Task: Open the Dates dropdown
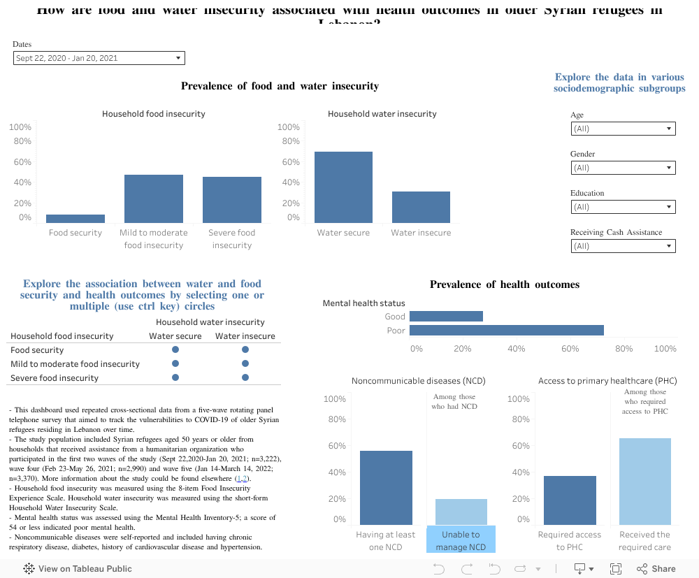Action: [99, 59]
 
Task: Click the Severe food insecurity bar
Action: [232, 200]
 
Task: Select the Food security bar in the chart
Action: [75, 219]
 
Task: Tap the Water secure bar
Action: [343, 187]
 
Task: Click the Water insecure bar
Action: [421, 207]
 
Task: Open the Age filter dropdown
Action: [623, 129]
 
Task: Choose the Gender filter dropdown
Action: [623, 168]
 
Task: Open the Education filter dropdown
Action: [623, 207]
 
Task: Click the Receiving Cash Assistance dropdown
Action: [623, 246]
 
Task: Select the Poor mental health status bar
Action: [506, 331]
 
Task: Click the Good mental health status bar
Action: [446, 317]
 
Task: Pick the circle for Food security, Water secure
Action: [175, 349]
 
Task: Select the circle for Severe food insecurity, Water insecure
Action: [245, 377]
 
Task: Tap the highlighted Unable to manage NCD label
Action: [461, 540]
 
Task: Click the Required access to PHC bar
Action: [570, 500]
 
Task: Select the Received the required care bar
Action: [644, 482]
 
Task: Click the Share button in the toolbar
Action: [656, 569]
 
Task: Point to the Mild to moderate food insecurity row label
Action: [75, 364]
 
